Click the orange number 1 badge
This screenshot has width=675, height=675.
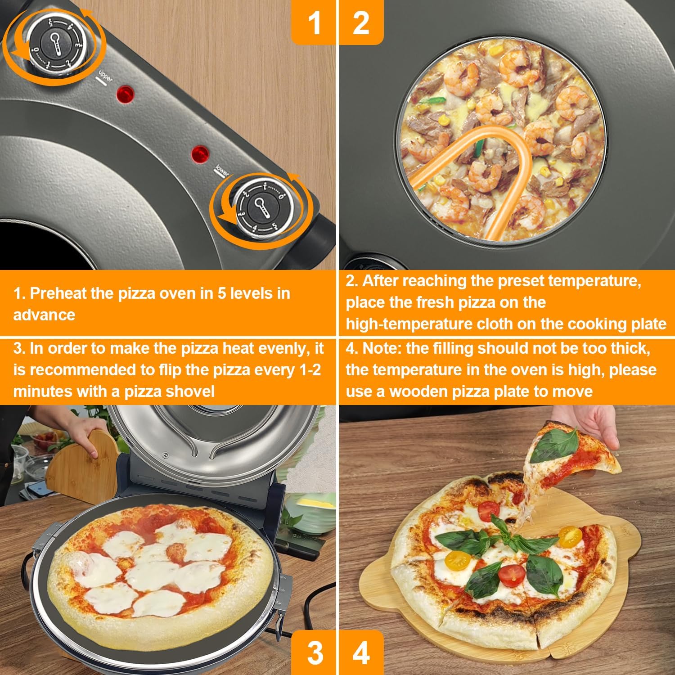pyautogui.click(x=314, y=22)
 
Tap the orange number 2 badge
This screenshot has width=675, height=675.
pyautogui.click(x=361, y=22)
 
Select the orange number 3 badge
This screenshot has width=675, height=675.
pyautogui.click(x=314, y=652)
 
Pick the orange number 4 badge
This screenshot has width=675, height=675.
pyautogui.click(x=361, y=652)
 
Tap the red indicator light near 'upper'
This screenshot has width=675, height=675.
pyautogui.click(x=125, y=94)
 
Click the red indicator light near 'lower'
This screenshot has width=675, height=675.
pyautogui.click(x=200, y=154)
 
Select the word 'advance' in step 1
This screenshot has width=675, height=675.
pyautogui.click(x=44, y=315)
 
